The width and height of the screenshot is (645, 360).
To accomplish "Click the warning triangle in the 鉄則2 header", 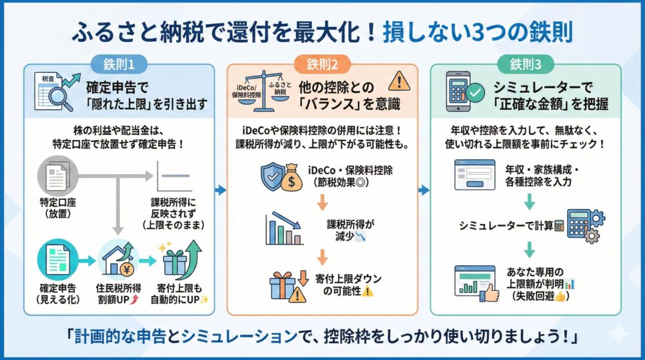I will coord(399,82).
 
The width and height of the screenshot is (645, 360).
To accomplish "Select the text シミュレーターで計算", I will coord(505,225).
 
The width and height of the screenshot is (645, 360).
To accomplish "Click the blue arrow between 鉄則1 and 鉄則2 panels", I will coord(221,190).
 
